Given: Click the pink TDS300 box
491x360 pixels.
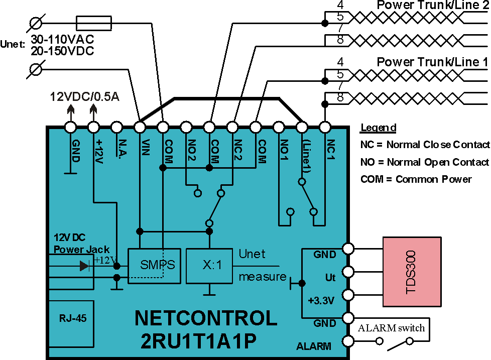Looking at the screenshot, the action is point(412,272).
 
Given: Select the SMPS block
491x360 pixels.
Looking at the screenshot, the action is point(154,266).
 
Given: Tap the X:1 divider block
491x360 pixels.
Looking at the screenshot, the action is point(209,266).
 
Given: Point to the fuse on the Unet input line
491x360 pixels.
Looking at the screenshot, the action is point(93,24).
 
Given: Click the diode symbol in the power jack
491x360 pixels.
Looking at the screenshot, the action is point(84,266).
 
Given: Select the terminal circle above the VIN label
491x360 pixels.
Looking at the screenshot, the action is point(140,128).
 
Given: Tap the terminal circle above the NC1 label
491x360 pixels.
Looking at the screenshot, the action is point(325,128).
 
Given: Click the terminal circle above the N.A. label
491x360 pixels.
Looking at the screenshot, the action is point(116,128).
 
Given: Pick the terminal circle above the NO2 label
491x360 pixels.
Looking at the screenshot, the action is point(186,128).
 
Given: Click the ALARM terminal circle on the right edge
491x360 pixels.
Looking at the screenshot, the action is point(348,341).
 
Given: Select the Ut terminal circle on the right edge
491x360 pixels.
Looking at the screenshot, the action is point(348,272).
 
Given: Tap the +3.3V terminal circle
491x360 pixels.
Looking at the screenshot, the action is point(348,295).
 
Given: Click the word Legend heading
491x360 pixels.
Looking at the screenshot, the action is point(378,128).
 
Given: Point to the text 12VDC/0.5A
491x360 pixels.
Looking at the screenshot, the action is point(84,97).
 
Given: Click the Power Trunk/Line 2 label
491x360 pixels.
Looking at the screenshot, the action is point(432,5).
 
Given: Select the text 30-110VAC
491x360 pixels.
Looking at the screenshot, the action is point(62,40).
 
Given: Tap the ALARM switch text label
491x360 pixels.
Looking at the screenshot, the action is point(391,328).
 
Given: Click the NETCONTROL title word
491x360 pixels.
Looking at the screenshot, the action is point(206,318).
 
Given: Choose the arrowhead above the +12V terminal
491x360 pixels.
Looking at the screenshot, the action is point(93,109).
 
